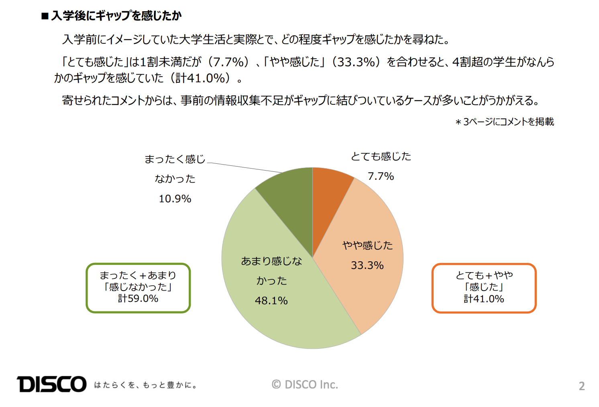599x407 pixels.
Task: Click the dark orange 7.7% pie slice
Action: [327, 197]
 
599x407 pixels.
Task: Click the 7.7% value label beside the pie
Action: [381, 176]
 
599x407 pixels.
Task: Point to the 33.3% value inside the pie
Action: [367, 265]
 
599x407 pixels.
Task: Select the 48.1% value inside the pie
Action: [271, 301]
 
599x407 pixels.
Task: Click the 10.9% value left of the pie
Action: [175, 199]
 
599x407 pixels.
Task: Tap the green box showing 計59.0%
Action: [138, 288]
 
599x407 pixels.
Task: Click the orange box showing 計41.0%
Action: [484, 288]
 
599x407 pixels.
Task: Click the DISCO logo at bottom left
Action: [51, 384]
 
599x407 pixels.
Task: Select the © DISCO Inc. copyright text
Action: [305, 385]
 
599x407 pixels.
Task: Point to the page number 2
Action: [581, 386]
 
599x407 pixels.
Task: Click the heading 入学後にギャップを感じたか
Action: [116, 16]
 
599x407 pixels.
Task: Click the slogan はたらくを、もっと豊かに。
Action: [145, 385]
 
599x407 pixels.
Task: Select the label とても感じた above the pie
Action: [381, 156]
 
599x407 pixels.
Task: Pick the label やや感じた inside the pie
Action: [367, 245]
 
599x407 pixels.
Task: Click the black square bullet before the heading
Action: [45, 16]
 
